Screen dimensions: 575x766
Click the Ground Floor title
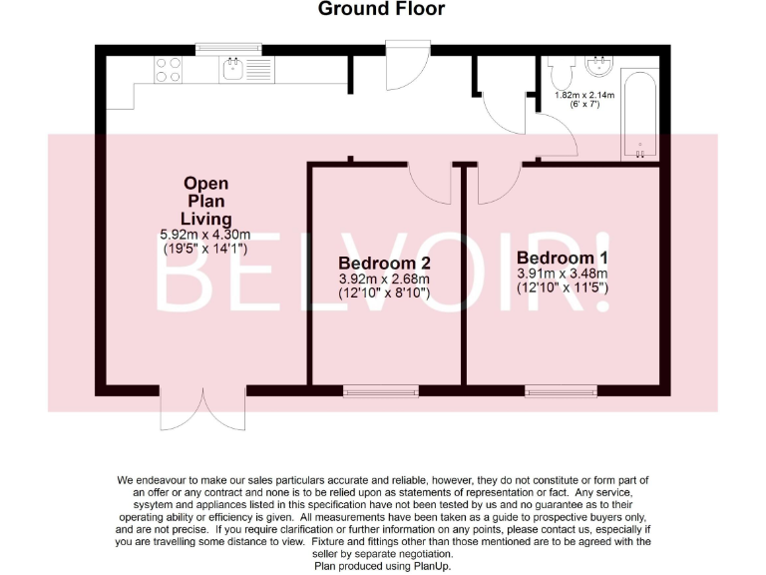pos(381,10)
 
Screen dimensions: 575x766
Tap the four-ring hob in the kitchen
pos(169,69)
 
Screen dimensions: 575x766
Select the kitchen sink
pos(233,69)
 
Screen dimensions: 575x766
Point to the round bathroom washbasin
pos(600,67)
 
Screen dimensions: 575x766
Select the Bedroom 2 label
pos(383,264)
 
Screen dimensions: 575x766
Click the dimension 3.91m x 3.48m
pos(563,274)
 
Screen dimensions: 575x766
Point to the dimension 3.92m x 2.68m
pos(384,280)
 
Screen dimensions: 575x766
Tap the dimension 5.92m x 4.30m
pos(205,234)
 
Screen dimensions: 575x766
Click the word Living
pos(205,218)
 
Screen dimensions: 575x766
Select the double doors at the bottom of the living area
pos(203,408)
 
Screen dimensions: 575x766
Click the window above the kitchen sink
pos(226,47)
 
